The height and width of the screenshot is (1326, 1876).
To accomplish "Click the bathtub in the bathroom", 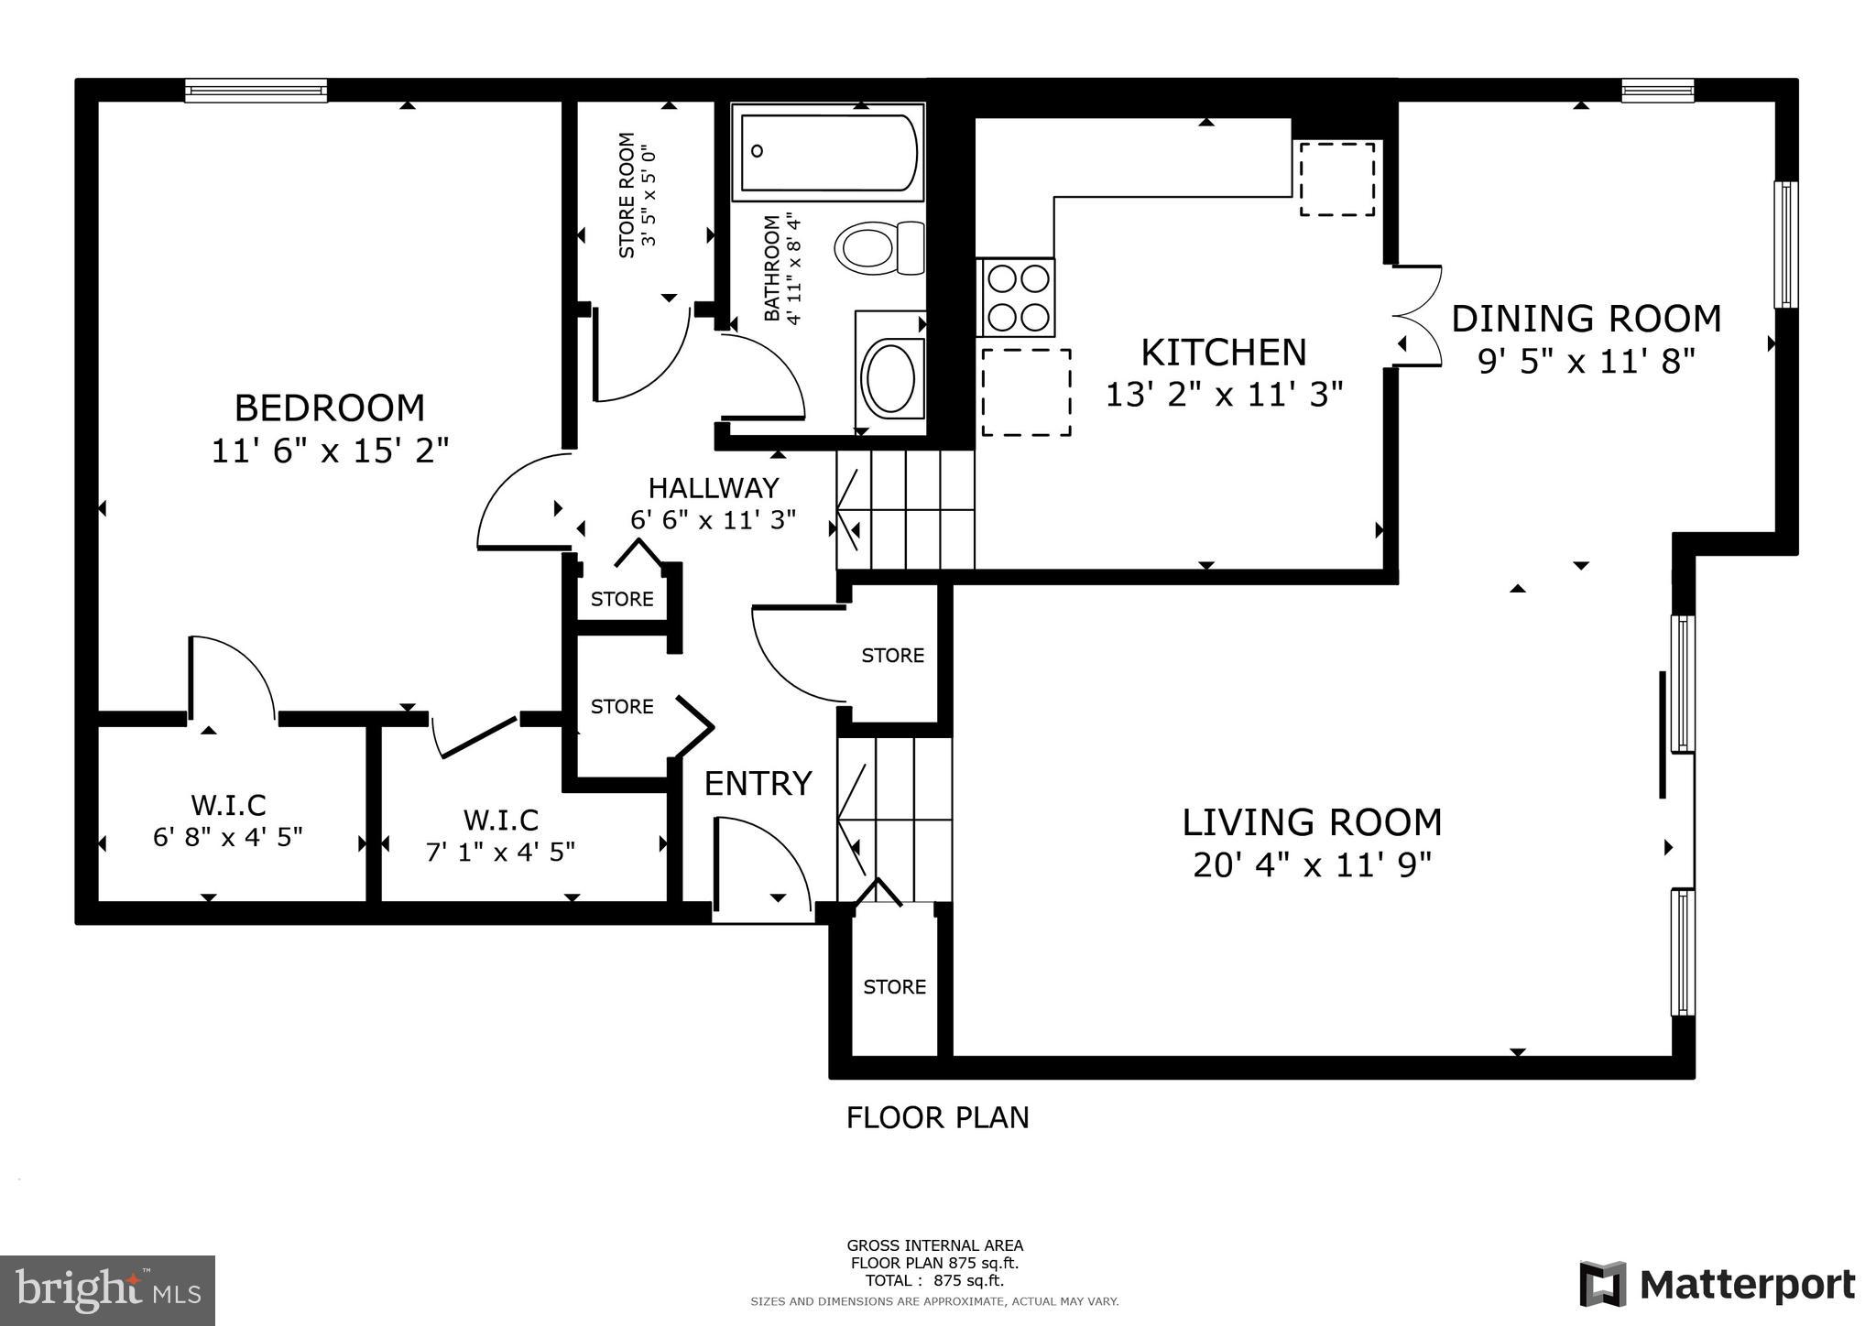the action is [x=827, y=152].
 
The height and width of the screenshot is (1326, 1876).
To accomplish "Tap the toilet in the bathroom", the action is [x=879, y=247].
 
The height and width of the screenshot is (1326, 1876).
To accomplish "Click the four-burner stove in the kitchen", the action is [x=1017, y=298].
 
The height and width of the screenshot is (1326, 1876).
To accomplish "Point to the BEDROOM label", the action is [x=330, y=408].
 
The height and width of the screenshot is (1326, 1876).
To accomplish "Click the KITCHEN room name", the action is [x=1224, y=353].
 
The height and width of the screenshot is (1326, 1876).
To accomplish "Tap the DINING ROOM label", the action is [x=1587, y=319].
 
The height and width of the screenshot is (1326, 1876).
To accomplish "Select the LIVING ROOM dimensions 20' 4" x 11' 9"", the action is [x=1312, y=864].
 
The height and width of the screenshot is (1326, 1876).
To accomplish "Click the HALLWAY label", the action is [x=714, y=487].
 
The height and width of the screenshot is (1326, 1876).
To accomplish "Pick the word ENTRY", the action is [x=758, y=784].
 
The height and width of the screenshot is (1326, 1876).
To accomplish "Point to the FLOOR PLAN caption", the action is [x=937, y=1118].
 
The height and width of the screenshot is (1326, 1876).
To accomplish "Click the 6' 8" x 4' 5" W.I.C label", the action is [x=228, y=821].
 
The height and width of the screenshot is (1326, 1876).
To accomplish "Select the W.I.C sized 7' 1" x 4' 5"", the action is [x=500, y=834].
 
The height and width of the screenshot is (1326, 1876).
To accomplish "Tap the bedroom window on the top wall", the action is [x=256, y=90].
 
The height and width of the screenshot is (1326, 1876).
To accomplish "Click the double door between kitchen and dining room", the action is [x=1417, y=317].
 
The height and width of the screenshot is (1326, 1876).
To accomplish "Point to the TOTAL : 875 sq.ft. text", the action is [x=934, y=1280].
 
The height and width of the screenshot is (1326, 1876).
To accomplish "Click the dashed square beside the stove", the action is [x=1026, y=392].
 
